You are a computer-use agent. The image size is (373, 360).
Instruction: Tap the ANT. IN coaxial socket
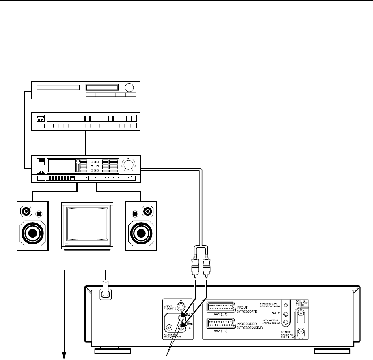[301, 313]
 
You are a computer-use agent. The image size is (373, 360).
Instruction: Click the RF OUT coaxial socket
[301, 332]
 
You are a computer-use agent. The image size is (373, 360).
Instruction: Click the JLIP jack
[286, 314]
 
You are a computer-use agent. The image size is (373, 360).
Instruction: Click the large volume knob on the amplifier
[129, 164]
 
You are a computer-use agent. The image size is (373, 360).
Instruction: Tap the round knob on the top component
[129, 88]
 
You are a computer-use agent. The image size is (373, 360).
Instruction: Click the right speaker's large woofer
[141, 234]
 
